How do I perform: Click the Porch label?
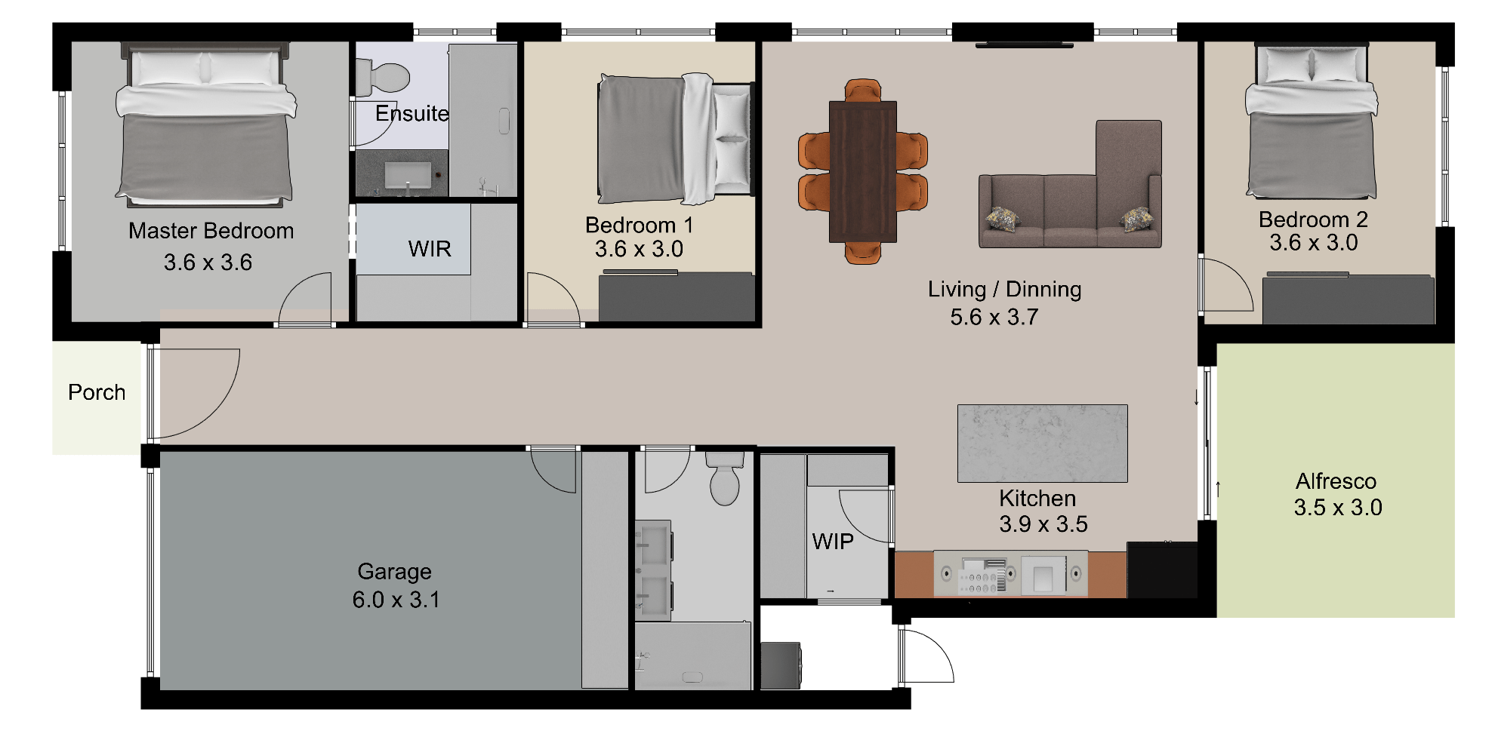point(97,392)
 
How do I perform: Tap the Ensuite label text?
point(412,114)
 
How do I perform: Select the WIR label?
point(430,249)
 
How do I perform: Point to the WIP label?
point(833,542)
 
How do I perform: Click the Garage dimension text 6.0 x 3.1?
point(396,600)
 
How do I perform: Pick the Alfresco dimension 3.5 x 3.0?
point(1338,508)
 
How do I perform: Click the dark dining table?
point(863,172)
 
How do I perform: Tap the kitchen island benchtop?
point(1043,444)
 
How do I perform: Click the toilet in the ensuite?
point(383,76)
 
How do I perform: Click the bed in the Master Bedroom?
point(205,125)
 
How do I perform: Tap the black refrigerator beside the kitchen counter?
point(1162,570)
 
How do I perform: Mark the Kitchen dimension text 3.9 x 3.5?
point(1043,524)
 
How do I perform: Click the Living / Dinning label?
point(1005,290)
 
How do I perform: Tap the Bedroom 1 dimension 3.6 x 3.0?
point(639,249)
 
